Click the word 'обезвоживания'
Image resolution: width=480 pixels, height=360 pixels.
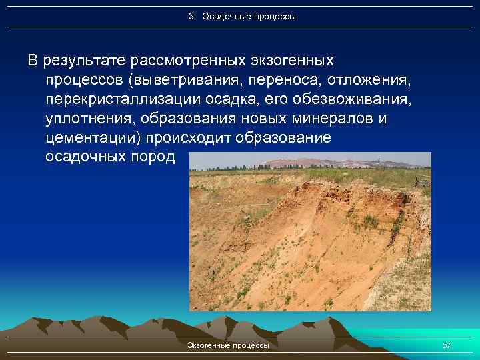(x=360, y=100)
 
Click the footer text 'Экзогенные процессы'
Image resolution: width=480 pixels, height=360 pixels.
(x=228, y=345)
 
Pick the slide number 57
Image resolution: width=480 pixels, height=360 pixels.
(x=447, y=345)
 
